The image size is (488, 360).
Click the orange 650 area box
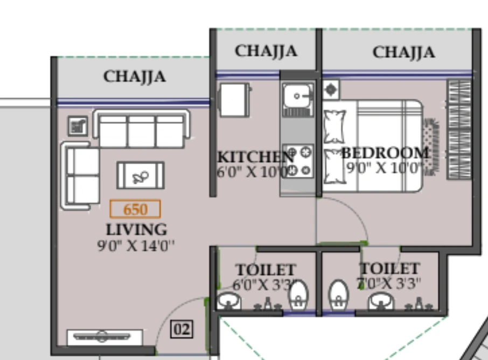[x=135, y=208]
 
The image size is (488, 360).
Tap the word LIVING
[x=136, y=229]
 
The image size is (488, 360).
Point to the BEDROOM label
[x=386, y=153]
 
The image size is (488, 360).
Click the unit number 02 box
[x=182, y=329]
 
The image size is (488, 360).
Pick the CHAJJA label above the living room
[x=134, y=76]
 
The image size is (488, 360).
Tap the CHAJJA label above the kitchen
[x=266, y=51]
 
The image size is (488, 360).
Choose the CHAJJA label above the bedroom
[x=403, y=52]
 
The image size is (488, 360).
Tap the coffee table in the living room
[x=141, y=175]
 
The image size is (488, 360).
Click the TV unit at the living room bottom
[x=104, y=337]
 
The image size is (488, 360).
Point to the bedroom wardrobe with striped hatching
[x=459, y=129]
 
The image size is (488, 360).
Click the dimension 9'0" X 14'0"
[x=136, y=246]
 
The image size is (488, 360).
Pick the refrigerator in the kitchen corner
[x=234, y=100]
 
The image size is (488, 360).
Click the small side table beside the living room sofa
[x=78, y=126]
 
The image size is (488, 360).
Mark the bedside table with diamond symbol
[x=331, y=89]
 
